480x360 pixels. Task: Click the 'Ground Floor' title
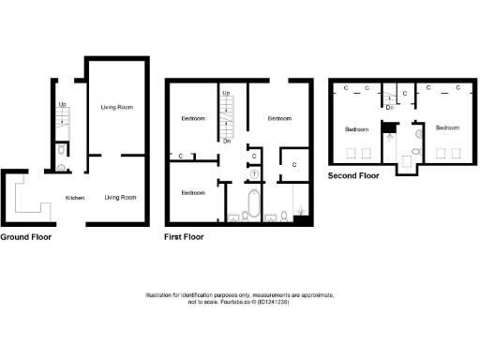click(25, 237)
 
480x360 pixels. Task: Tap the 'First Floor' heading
click(184, 237)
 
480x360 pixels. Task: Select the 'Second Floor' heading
click(353, 175)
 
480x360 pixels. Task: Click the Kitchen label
click(75, 198)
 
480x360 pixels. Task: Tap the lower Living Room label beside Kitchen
click(120, 198)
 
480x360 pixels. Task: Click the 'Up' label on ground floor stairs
click(63, 104)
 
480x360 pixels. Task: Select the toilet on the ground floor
click(61, 150)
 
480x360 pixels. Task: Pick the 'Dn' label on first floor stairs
click(227, 142)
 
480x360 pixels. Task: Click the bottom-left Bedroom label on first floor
click(192, 192)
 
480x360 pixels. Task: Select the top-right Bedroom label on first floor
click(279, 119)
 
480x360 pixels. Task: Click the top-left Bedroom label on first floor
click(192, 119)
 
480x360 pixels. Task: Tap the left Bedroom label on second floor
click(357, 128)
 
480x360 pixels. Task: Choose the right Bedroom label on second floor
click(446, 127)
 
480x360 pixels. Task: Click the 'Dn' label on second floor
click(389, 106)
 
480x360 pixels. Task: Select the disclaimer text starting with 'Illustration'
click(240, 298)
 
